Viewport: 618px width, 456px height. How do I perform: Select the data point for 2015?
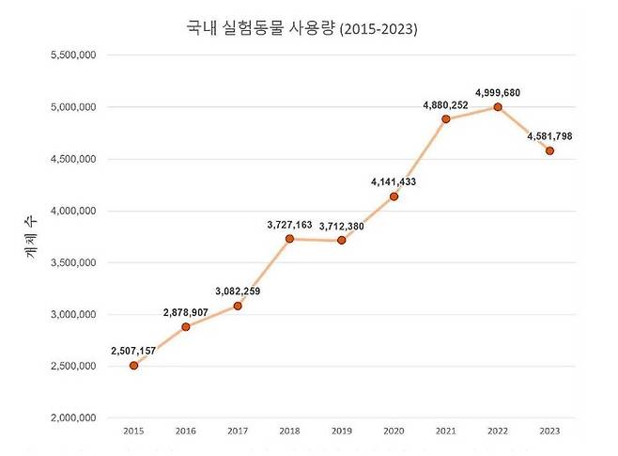[x=134, y=366]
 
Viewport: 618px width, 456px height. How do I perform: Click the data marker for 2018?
[x=290, y=239]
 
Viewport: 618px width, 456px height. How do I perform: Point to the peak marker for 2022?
[x=498, y=107]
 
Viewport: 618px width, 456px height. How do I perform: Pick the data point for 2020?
[x=394, y=197]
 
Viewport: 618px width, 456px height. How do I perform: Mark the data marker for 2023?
[x=549, y=150]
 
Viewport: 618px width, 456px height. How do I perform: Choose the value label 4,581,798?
[x=550, y=136]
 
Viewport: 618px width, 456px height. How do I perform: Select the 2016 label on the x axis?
[x=186, y=431]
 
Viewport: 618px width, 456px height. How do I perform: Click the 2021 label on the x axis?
[x=446, y=431]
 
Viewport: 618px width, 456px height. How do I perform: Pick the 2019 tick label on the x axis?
[x=342, y=431]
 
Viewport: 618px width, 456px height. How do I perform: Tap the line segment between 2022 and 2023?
[x=524, y=129]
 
